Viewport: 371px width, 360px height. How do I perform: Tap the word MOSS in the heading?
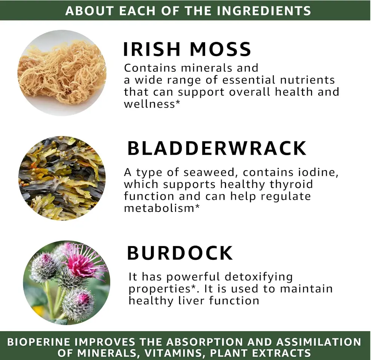(x=220, y=49)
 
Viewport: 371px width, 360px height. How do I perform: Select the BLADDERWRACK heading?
(x=217, y=148)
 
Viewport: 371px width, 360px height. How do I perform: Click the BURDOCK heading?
(x=180, y=253)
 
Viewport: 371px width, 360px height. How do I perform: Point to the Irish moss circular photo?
(x=62, y=73)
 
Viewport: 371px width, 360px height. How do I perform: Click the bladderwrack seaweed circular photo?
(x=62, y=178)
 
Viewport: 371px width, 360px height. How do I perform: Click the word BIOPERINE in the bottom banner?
(x=39, y=342)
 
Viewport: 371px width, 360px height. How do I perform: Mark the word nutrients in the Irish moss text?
(x=307, y=80)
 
